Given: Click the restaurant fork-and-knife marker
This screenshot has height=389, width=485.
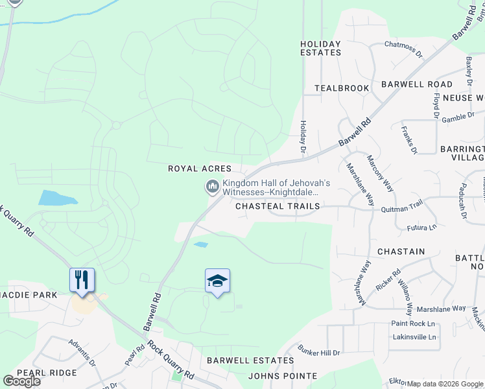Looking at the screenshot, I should pyautogui.click(x=82, y=280).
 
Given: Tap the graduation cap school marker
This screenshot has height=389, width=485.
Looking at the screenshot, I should pyautogui.click(x=217, y=281).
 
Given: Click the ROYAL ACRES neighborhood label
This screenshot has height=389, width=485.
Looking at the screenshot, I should pyautogui.click(x=200, y=169).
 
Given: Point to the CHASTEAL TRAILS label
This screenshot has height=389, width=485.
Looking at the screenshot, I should pyautogui.click(x=278, y=206).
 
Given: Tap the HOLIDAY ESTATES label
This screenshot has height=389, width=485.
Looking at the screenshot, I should pyautogui.click(x=320, y=49).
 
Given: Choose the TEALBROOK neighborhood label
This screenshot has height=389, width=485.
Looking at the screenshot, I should pyautogui.click(x=342, y=88).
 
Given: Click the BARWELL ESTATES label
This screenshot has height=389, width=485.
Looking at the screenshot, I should pyautogui.click(x=250, y=360).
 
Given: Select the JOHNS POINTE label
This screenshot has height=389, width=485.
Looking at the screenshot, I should pyautogui.click(x=283, y=376).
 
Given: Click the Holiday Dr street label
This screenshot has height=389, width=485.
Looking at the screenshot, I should pyautogui.click(x=302, y=137).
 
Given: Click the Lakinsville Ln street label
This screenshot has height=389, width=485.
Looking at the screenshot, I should pyautogui.click(x=414, y=337).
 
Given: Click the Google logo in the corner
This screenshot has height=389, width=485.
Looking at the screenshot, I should pyautogui.click(x=21, y=381).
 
